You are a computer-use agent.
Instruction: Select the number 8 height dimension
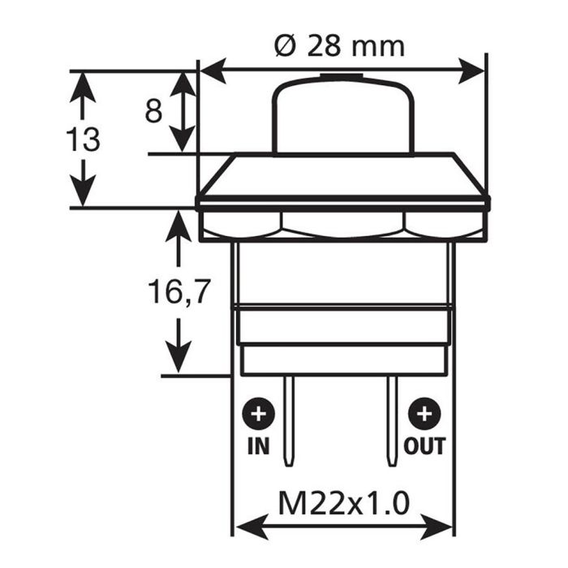(153, 110)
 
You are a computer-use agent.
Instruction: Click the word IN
(259, 445)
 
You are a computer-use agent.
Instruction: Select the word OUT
(424, 445)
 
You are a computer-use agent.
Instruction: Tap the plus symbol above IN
(259, 415)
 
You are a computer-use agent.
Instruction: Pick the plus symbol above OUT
(423, 415)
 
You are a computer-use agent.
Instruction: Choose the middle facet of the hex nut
(342, 223)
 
